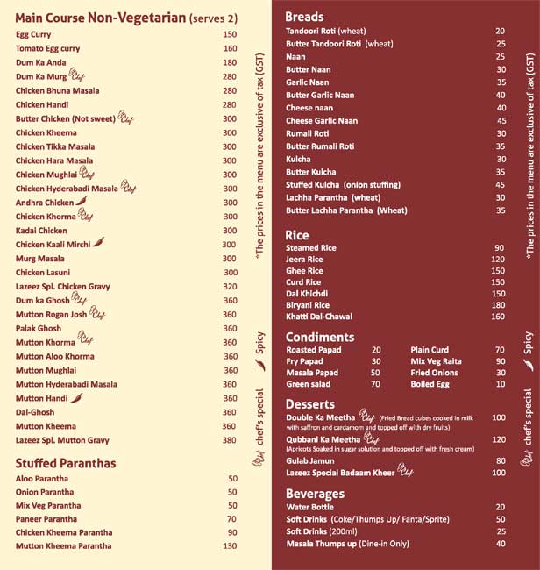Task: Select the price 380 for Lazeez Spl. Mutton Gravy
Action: click(x=230, y=440)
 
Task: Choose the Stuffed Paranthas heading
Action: click(x=66, y=462)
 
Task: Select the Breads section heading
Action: click(x=304, y=17)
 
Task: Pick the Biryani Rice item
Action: click(x=308, y=305)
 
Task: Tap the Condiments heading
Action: click(x=320, y=337)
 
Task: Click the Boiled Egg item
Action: click(x=430, y=384)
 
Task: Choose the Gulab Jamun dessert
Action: click(x=310, y=460)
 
